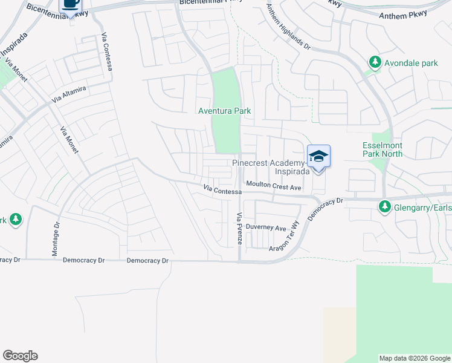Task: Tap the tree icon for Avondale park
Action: (x=375, y=62)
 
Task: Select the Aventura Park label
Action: (x=225, y=111)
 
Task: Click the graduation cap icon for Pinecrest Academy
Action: (x=318, y=157)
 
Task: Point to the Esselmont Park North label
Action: (x=382, y=149)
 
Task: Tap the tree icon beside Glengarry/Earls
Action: (x=384, y=207)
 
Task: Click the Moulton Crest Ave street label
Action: (x=273, y=188)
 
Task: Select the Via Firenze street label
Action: (x=239, y=229)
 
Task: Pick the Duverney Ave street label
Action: (x=270, y=228)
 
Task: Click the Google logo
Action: (x=20, y=356)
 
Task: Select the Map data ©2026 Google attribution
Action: (x=415, y=358)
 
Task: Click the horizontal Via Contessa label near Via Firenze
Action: (x=222, y=191)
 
